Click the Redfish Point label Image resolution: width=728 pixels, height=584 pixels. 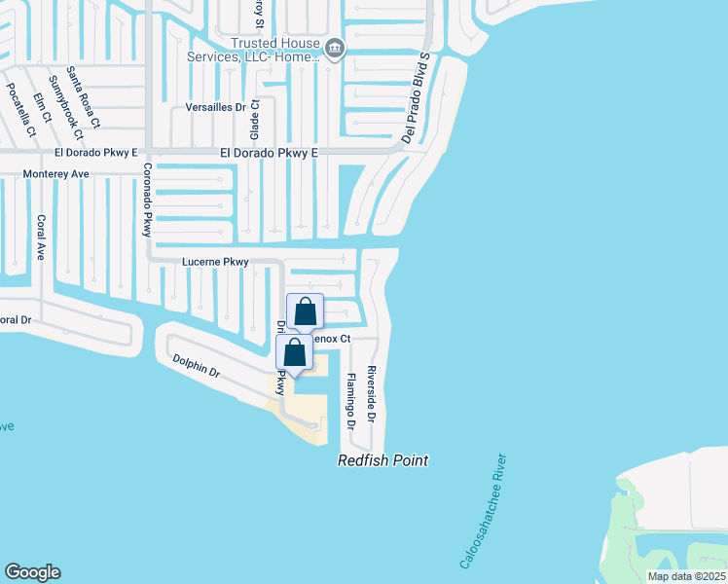(382, 460)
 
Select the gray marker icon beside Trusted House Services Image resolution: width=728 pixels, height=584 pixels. (335, 49)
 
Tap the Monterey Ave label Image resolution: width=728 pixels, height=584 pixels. (56, 174)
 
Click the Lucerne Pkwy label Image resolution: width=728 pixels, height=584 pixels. (216, 262)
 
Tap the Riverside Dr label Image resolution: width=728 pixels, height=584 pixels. (371, 394)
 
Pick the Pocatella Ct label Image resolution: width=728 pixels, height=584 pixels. (20, 109)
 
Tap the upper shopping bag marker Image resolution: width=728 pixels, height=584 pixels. (306, 312)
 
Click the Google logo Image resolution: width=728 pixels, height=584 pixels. (32, 572)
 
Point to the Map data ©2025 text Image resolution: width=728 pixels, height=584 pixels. (686, 576)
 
